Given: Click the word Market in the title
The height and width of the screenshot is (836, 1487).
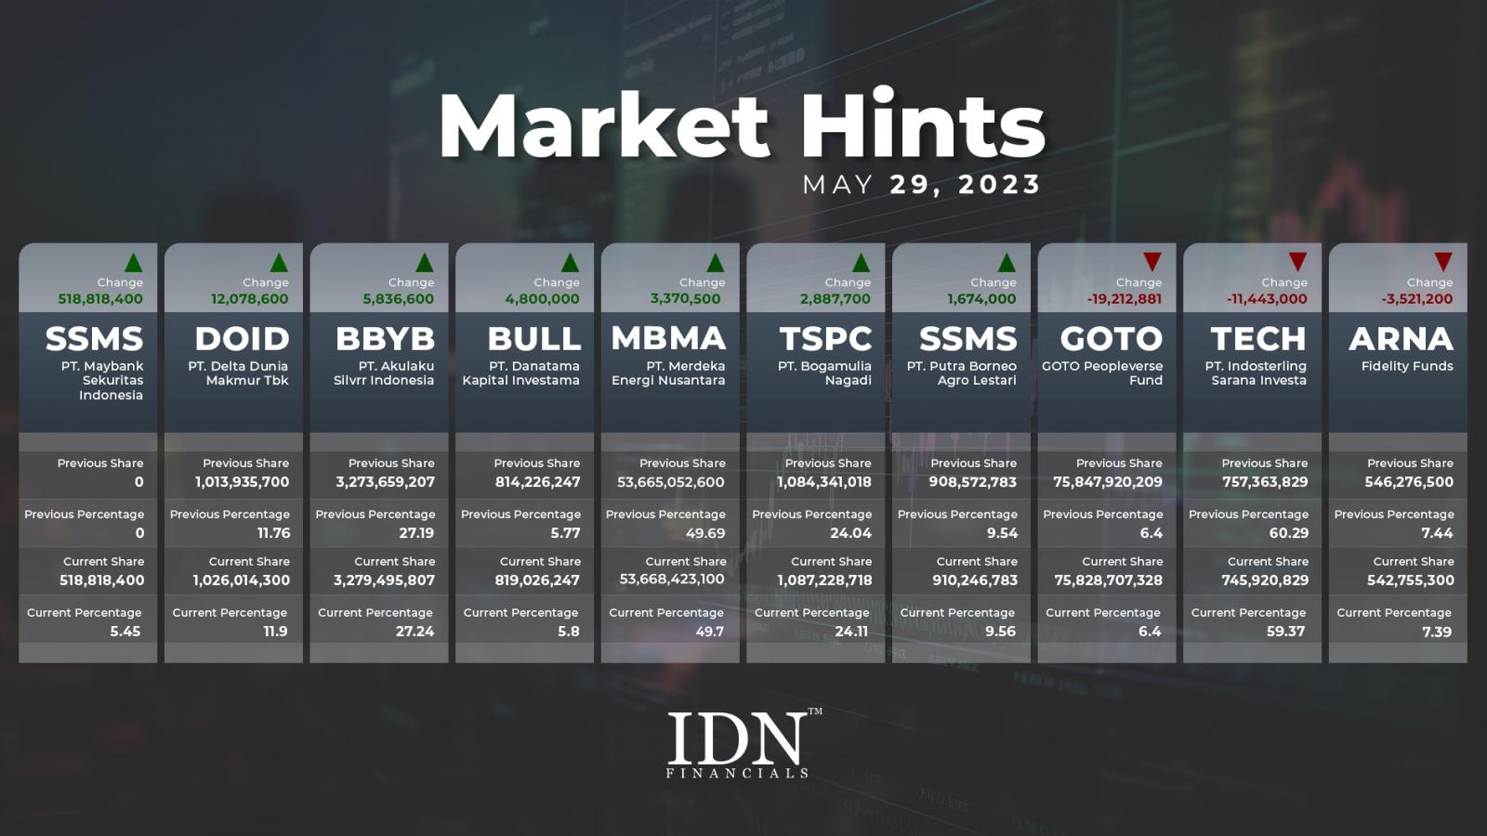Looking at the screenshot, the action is (604, 125).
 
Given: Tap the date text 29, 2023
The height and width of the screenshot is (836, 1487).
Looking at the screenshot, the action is (965, 185).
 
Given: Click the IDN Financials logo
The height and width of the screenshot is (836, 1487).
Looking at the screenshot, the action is (744, 743).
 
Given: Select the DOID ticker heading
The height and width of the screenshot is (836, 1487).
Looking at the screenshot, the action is (242, 339).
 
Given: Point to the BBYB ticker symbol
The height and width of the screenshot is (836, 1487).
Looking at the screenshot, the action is (385, 339).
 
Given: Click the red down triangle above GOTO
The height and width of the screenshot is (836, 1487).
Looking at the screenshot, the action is (1151, 261).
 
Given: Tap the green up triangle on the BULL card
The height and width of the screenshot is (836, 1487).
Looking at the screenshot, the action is (570, 263).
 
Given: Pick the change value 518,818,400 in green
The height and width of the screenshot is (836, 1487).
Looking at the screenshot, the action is (100, 299).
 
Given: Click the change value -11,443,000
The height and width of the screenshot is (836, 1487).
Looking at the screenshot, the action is (1267, 299).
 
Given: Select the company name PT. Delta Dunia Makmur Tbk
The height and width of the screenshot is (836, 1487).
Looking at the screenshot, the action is (238, 372).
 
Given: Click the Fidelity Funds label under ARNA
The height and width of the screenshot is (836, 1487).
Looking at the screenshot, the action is (1407, 366).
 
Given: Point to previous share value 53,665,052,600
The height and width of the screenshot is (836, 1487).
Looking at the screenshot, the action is (670, 482).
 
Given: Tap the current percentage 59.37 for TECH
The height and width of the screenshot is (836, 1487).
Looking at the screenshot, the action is (1286, 632).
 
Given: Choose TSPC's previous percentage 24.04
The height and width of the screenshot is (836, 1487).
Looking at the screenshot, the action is (850, 533).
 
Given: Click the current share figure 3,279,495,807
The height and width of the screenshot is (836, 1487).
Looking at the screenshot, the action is (384, 581).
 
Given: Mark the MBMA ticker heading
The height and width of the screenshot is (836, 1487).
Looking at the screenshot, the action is (668, 339).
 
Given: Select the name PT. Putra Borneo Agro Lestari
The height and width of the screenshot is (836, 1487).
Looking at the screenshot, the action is (961, 372).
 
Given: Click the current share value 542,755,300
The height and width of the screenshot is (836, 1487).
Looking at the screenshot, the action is (1410, 581).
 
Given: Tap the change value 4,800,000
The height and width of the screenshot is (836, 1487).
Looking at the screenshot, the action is (542, 299).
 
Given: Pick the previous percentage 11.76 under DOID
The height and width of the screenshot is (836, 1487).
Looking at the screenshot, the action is (273, 533).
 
